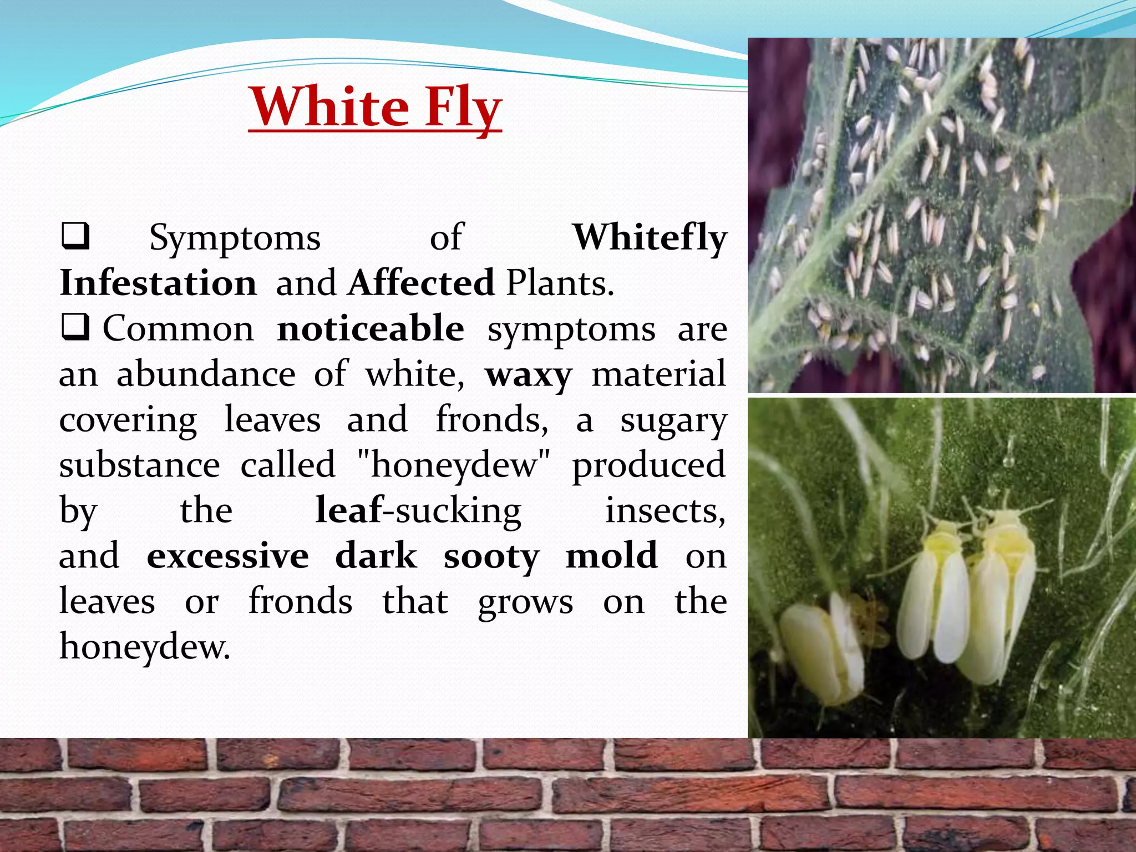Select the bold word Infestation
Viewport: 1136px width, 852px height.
pyautogui.click(x=158, y=283)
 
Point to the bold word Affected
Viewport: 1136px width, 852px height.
pyautogui.click(x=421, y=283)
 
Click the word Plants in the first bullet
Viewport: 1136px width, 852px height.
pyautogui.click(x=560, y=283)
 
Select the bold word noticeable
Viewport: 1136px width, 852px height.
pyautogui.click(x=371, y=328)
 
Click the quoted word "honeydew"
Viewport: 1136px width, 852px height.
pyautogui.click(x=454, y=465)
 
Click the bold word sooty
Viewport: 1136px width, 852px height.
pyautogui.click(x=491, y=556)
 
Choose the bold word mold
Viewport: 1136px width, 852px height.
pyautogui.click(x=611, y=555)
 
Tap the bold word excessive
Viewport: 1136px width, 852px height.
pyautogui.click(x=227, y=556)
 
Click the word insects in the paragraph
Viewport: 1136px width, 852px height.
pyautogui.click(x=665, y=510)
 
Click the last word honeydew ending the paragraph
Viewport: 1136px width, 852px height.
pyautogui.click(x=144, y=647)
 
